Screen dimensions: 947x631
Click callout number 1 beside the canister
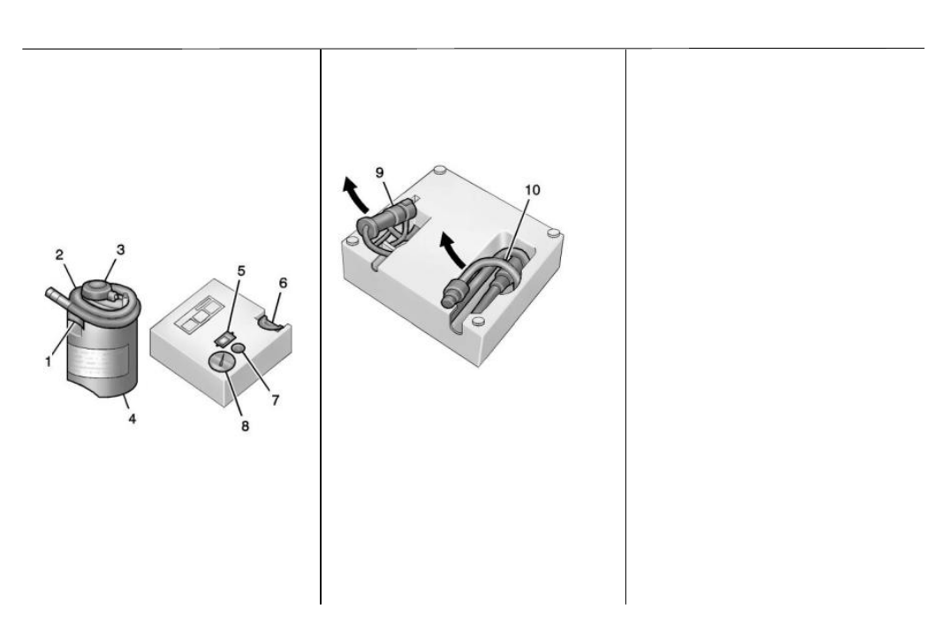pos(48,362)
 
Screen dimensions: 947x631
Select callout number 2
pos(59,255)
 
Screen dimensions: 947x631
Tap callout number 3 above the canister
pos(120,249)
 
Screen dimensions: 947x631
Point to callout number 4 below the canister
pos(132,418)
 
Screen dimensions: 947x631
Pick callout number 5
pos(241,270)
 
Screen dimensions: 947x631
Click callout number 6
pos(283,283)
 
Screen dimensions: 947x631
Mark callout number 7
pos(276,399)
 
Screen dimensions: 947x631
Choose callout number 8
pos(245,426)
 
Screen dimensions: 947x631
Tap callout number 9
pos(379,173)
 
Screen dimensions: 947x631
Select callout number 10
pos(532,190)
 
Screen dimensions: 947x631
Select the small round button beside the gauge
pos(239,347)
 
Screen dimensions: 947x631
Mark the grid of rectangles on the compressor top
pos(199,316)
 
